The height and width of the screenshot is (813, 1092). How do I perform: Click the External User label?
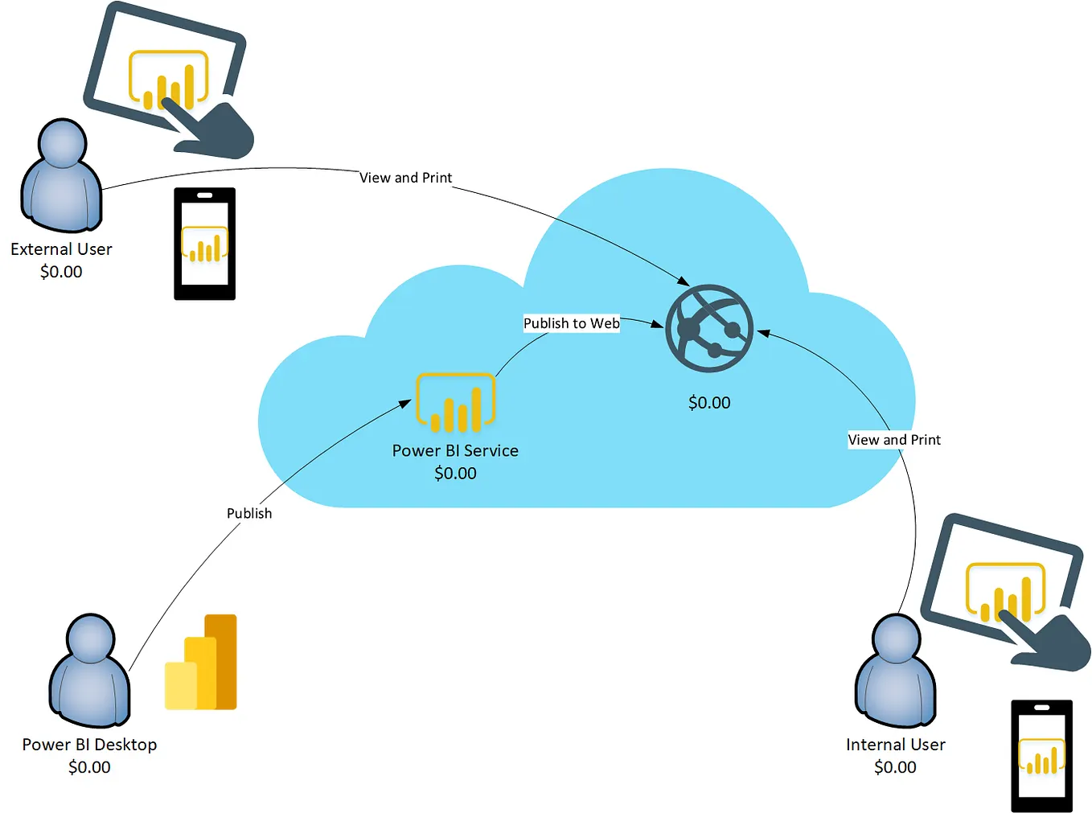(61, 249)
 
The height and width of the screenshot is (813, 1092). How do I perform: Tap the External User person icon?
(61, 177)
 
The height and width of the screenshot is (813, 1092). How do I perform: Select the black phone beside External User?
(205, 244)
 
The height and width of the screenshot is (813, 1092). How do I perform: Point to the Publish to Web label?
(571, 323)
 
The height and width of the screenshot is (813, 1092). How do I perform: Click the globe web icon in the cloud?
(708, 328)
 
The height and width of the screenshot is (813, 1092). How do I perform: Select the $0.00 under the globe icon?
(709, 403)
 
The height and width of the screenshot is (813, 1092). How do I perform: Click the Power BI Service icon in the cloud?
(455, 402)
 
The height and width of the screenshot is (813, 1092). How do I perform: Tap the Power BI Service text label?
(455, 451)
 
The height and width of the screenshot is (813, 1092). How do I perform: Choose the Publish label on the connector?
(249, 513)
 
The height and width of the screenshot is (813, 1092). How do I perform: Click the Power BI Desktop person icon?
(89, 671)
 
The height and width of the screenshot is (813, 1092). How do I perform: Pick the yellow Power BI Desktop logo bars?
(201, 663)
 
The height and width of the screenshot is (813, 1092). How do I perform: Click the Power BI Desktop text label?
(89, 745)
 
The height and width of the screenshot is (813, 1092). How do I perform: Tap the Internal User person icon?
(895, 671)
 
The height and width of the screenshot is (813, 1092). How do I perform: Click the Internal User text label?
(895, 745)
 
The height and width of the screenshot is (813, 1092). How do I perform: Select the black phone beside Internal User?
(1041, 756)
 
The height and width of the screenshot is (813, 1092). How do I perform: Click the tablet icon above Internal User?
(1005, 591)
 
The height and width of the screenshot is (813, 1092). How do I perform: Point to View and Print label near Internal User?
(894, 440)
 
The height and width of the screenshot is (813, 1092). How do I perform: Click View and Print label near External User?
(405, 178)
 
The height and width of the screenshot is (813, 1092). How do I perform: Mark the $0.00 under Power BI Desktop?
(89, 767)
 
